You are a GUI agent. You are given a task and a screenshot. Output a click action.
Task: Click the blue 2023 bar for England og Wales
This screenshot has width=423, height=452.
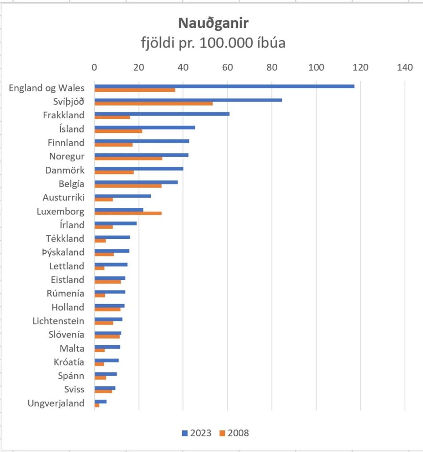coord(224,86)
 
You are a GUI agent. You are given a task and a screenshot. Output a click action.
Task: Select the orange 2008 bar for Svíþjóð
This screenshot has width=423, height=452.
coord(153,104)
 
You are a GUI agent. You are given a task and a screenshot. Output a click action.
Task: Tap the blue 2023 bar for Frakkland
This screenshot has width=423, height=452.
coord(162,114)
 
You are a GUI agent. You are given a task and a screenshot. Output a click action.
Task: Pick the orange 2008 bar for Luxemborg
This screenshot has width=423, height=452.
coord(128,213)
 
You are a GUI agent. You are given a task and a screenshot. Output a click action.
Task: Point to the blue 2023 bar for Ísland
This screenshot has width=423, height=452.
coord(145,127)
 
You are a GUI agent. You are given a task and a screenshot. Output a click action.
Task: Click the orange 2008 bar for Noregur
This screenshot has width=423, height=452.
coord(128,158)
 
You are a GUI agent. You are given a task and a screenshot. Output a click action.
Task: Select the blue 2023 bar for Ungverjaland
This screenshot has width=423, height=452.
coord(101,401)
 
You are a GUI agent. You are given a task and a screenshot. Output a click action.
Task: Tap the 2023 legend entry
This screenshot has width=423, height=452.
coord(197,433)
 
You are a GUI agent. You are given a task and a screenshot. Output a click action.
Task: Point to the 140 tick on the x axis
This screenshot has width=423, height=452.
coord(405,68)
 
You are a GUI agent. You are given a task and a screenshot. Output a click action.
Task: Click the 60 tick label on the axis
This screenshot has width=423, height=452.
coord(227,68)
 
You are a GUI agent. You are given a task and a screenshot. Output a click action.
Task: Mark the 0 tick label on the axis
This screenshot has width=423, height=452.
coord(94,68)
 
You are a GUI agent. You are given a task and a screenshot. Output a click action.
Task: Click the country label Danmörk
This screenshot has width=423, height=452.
coord(65,170)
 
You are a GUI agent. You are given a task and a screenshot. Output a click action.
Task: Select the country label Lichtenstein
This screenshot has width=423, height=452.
coord(58,321)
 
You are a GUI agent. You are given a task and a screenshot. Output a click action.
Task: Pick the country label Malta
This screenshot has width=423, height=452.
coord(72,348)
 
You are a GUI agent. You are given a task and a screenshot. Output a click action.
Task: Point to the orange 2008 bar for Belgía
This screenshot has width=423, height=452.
coord(128,186)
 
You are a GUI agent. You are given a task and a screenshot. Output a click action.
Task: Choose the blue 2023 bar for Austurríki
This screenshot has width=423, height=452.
coord(123,196)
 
